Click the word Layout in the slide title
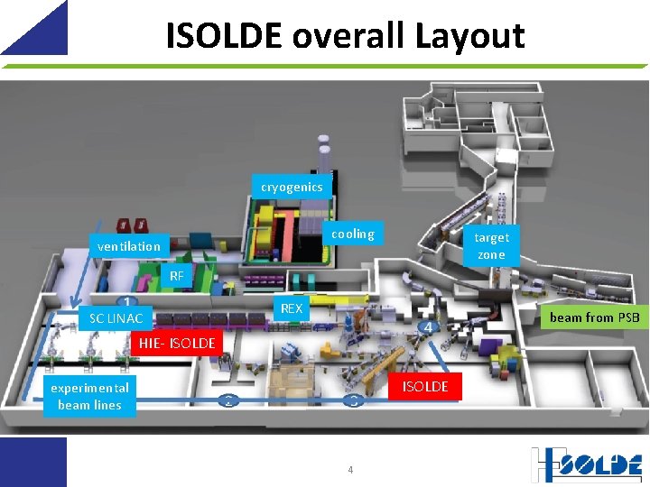(x=470, y=35)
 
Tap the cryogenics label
(x=292, y=187)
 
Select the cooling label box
(x=353, y=234)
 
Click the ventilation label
(x=129, y=246)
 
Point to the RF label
(x=177, y=276)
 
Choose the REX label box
(x=292, y=308)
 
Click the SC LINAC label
(x=116, y=318)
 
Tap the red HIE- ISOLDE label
(x=177, y=343)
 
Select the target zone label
(x=491, y=245)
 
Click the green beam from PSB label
(x=594, y=317)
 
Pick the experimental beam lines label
(x=90, y=396)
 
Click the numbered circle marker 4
(x=429, y=327)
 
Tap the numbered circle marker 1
(x=127, y=301)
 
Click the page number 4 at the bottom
(x=350, y=470)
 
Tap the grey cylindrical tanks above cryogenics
(x=324, y=152)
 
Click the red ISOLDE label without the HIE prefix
(x=425, y=386)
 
